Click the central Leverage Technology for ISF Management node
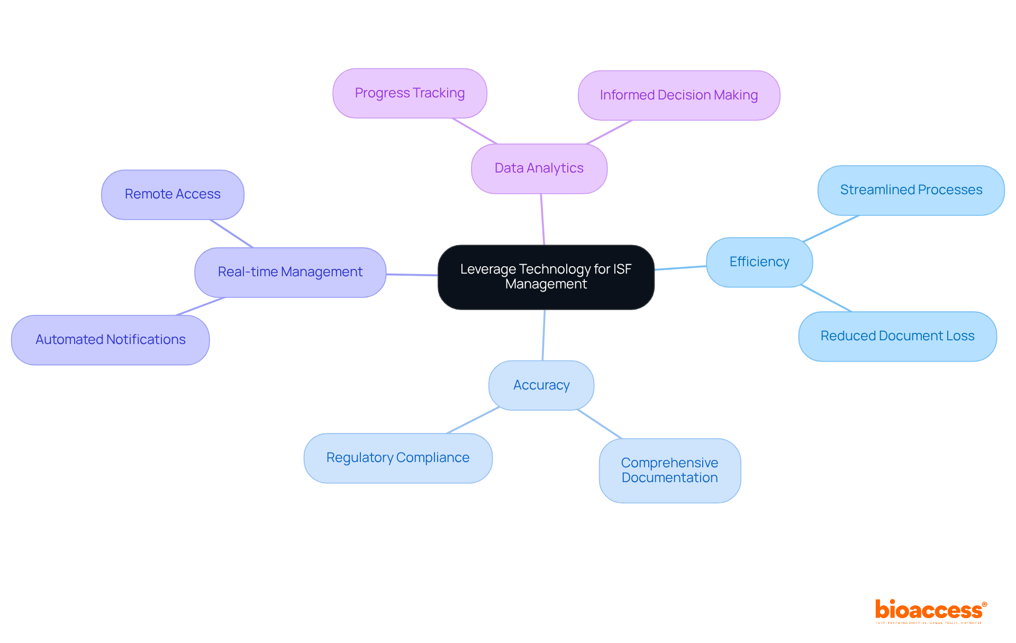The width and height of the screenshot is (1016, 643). (546, 277)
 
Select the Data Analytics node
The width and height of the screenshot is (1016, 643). (539, 168)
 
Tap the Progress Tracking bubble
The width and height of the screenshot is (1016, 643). (410, 93)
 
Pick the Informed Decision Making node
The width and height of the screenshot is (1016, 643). (678, 95)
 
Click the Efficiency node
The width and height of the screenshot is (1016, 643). (759, 262)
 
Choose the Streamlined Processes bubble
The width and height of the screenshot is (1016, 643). (911, 190)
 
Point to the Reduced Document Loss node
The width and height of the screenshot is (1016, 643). (897, 336)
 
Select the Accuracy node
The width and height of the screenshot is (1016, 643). (541, 385)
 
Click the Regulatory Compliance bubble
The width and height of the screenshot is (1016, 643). (397, 458)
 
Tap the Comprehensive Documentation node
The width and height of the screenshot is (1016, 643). (669, 470)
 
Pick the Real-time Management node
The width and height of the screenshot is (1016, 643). (290, 272)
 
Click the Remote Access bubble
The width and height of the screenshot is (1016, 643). (173, 194)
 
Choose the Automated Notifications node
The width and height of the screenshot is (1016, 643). (110, 340)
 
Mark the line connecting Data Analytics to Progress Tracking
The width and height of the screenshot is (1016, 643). (475, 131)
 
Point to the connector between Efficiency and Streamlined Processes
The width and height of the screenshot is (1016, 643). (831, 229)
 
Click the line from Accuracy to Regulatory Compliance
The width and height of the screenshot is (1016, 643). (473, 420)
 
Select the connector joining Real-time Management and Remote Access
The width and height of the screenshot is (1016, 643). (232, 233)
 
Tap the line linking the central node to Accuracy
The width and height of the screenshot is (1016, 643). (543, 335)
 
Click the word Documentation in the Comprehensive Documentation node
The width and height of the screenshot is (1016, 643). (669, 478)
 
